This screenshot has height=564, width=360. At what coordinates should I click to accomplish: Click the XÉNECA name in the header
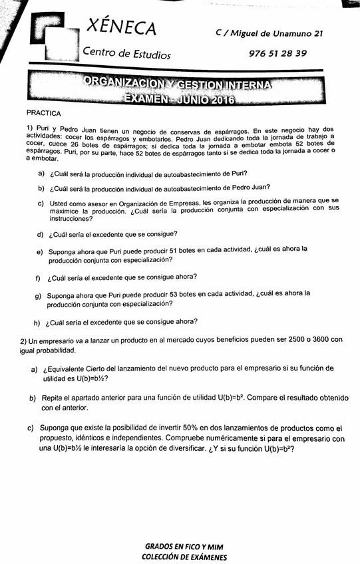[x=122, y=28]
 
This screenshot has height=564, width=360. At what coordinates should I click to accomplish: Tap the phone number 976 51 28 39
[x=277, y=53]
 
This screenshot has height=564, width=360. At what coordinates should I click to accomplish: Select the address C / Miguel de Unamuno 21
[x=270, y=33]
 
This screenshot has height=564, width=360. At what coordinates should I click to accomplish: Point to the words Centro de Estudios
[x=126, y=54]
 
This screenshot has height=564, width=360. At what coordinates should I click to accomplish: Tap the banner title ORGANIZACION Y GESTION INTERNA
[x=179, y=84]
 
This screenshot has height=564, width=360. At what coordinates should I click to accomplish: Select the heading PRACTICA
[x=44, y=114]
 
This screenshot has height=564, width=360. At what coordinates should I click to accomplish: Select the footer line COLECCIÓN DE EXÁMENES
[x=184, y=557]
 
